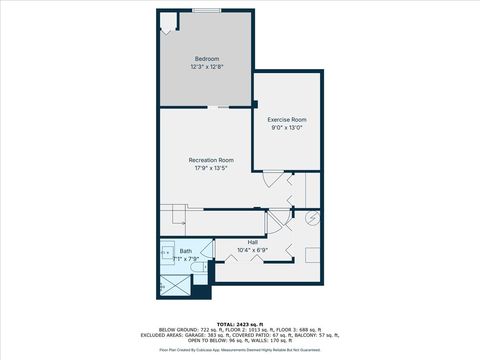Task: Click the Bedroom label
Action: click(x=206, y=59)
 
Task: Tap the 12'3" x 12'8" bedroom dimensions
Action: click(x=206, y=67)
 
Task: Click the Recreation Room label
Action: click(x=211, y=160)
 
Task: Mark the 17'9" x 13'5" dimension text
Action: click(x=211, y=168)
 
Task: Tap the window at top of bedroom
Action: click(x=206, y=10)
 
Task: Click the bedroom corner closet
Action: click(x=167, y=25)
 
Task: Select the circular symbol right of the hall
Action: click(x=312, y=216)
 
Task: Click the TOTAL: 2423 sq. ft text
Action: click(x=240, y=323)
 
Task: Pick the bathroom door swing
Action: click(x=207, y=249)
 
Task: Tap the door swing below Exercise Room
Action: click(x=270, y=181)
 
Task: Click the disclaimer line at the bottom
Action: click(x=240, y=350)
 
